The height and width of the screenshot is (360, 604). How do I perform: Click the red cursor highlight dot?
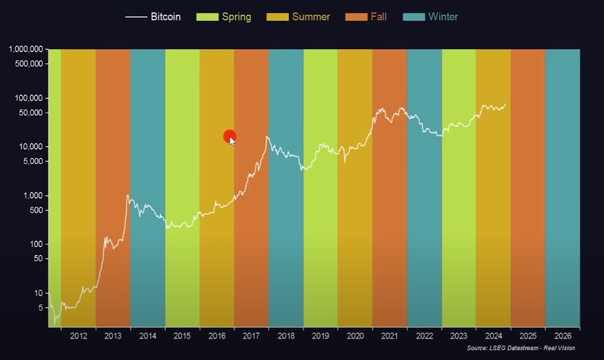coord(229,137)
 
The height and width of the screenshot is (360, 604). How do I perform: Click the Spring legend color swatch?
coord(207,17)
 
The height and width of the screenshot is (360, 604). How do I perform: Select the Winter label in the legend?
coord(443,17)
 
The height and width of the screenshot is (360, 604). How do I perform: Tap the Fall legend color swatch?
coord(356,17)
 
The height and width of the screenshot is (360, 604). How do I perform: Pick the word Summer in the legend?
coord(311,17)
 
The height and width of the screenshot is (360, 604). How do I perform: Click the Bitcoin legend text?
coord(166,17)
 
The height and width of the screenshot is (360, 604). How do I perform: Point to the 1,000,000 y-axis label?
coord(26,50)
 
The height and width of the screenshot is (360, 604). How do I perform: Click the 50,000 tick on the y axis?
coord(31,113)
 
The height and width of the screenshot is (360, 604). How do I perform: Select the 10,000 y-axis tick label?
coord(31,147)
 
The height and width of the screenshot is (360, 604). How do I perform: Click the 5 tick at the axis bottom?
coord(40,308)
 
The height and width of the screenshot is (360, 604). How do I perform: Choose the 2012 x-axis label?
coord(78,336)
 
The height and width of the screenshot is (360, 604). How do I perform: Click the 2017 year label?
coord(251,336)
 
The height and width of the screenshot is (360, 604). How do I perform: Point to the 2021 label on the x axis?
coord(390,336)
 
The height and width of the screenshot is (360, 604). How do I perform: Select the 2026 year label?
coord(563,336)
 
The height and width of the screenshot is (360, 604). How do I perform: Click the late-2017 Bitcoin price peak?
coord(267,137)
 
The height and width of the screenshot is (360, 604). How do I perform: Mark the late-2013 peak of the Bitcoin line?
coord(128,196)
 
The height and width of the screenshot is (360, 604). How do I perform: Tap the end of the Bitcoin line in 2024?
coord(505,104)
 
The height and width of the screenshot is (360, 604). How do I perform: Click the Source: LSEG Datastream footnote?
coord(521,348)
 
